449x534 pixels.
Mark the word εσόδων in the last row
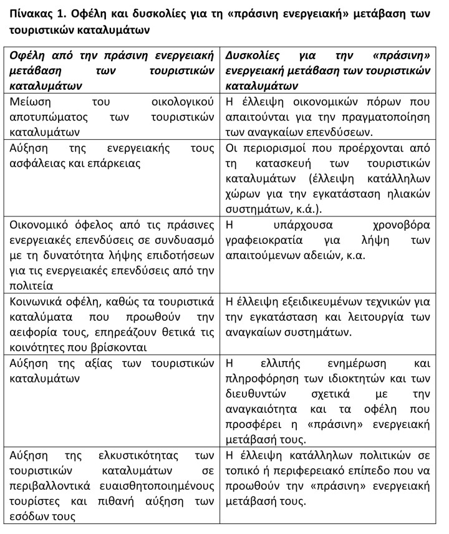tap(27, 516)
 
